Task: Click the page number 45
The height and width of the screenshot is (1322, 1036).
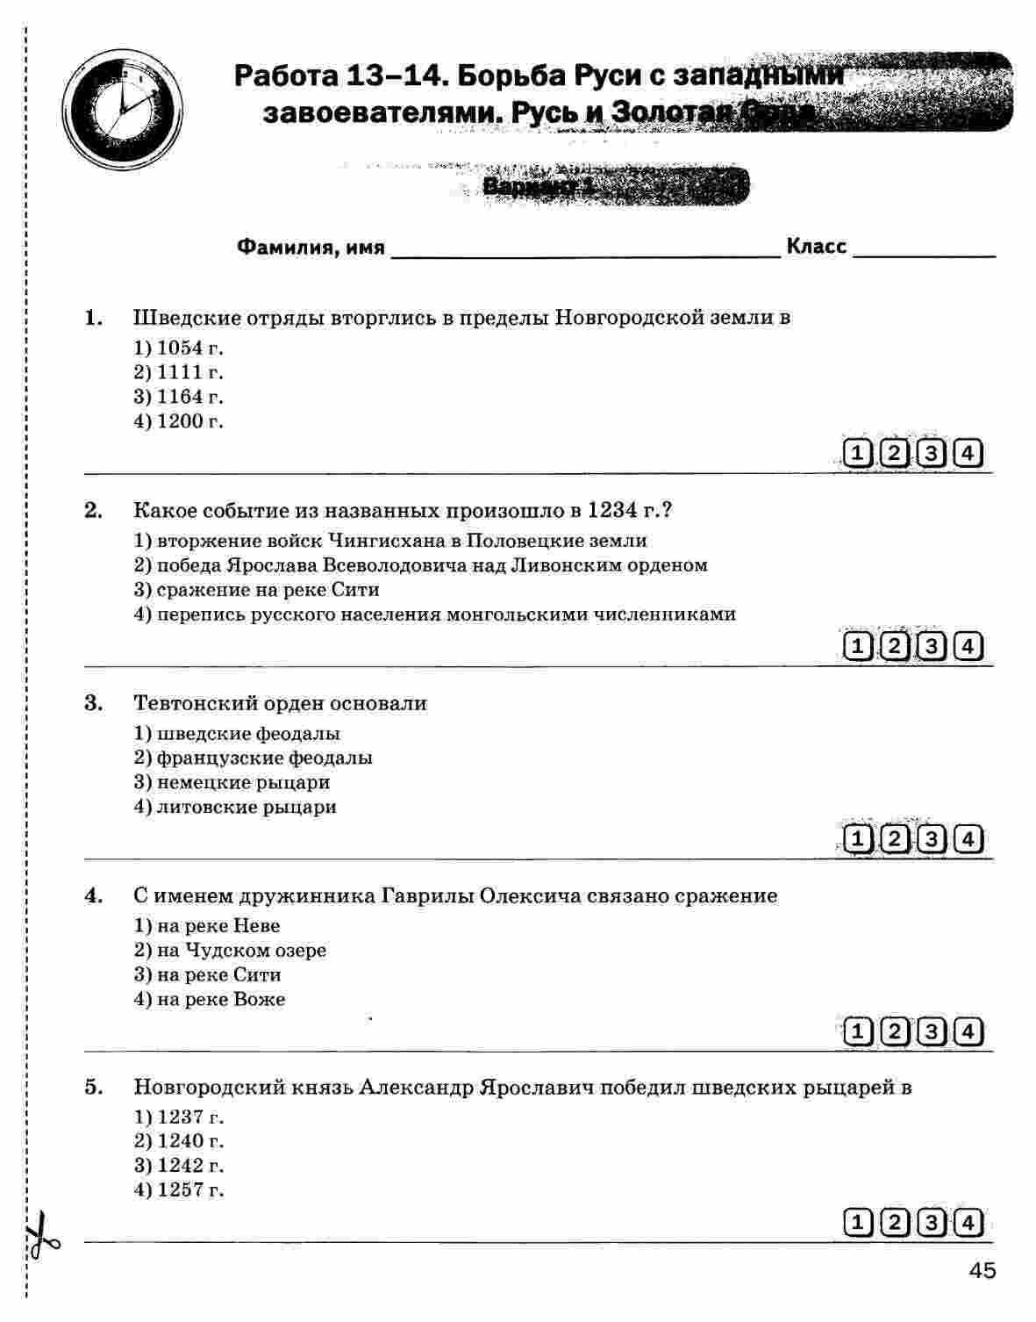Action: pos(982,1270)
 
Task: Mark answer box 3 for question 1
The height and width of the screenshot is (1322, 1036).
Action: pos(931,454)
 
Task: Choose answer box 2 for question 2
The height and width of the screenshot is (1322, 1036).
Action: pos(894,647)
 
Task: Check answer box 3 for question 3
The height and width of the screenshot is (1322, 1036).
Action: pos(931,840)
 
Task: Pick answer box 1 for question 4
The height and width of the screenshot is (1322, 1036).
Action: pos(857,1031)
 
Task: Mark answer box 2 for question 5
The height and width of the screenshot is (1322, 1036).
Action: pos(894,1223)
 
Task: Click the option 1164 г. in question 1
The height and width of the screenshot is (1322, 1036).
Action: pos(179,397)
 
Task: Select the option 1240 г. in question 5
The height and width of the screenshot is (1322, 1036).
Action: pos(179,1141)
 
